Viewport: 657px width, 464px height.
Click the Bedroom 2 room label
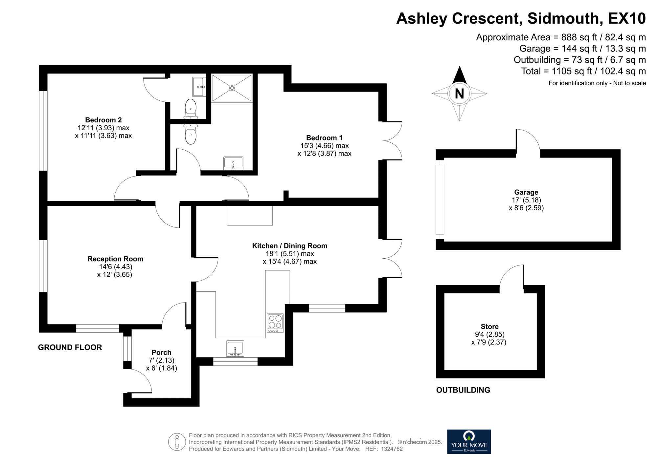tap(103, 120)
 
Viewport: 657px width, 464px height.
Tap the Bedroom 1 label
tap(324, 138)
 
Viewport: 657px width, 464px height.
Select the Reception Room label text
tap(115, 259)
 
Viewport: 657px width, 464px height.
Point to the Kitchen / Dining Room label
tap(290, 246)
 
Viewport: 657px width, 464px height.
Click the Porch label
tap(162, 352)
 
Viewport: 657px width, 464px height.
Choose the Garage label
tap(526, 192)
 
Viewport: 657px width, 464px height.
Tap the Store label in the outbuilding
tap(489, 327)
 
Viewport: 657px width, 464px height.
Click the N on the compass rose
tap(459, 94)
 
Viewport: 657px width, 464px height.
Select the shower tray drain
tap(232, 88)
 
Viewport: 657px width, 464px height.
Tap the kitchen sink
tap(235, 348)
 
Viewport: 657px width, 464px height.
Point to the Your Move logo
tap(469, 442)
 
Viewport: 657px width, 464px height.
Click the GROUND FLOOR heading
tap(70, 347)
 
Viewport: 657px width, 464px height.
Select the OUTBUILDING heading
tap(463, 390)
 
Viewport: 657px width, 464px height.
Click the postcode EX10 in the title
tap(627, 18)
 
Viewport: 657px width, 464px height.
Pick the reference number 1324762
tap(392, 449)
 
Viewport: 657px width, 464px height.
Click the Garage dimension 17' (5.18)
tap(526, 200)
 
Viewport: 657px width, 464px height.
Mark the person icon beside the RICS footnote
tap(177, 442)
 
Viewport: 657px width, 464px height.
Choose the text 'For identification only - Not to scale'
tap(597, 83)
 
